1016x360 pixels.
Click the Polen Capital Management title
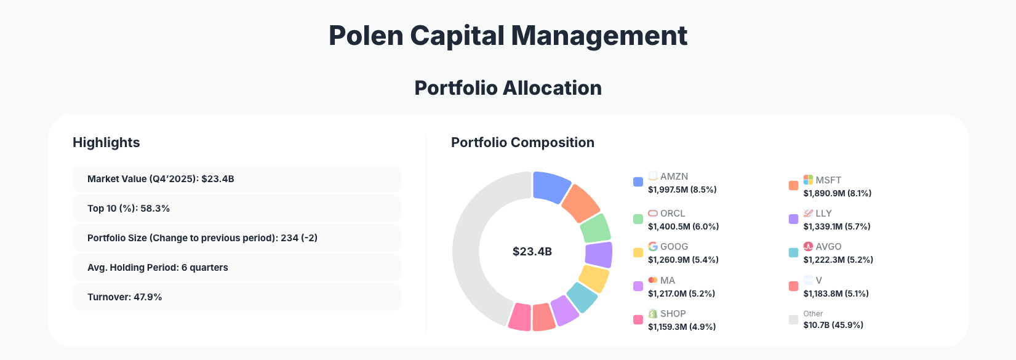(508, 36)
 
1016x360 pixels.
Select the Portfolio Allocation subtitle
(508, 88)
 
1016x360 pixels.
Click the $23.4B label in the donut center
(532, 252)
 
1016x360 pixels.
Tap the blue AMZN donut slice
(550, 186)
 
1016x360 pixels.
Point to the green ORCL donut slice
(595, 228)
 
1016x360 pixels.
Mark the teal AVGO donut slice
(582, 297)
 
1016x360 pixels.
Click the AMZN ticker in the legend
(674, 177)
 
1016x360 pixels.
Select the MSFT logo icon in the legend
(808, 180)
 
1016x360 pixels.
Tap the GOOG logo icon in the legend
(653, 246)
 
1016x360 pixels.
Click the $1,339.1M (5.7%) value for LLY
(836, 226)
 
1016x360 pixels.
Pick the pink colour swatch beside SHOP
(638, 320)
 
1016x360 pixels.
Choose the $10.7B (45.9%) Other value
(833, 325)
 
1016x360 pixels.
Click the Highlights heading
(106, 143)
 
